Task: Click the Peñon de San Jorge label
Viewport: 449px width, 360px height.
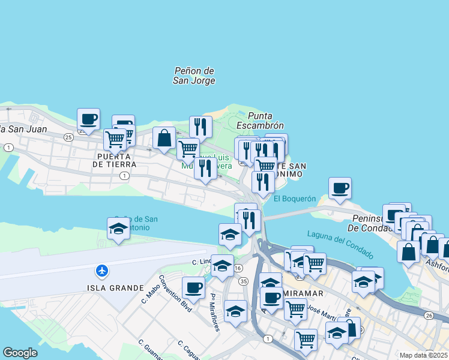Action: coord(194,76)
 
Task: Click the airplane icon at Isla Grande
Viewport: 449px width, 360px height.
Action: coord(101,271)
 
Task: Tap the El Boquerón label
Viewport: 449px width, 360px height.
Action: coord(295,199)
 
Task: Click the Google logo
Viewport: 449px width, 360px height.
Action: coord(20,353)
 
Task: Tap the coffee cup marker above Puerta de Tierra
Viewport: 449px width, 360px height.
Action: coord(88,119)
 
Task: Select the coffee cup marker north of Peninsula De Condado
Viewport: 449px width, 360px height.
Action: coord(340,188)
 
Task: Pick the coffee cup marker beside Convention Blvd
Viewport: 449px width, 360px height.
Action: coord(193,288)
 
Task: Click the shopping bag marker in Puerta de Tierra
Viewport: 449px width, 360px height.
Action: coord(164,139)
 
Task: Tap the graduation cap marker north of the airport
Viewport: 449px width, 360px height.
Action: coord(118,228)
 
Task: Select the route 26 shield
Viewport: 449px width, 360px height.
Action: coord(428,315)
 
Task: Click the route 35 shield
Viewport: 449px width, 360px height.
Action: coord(243,281)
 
